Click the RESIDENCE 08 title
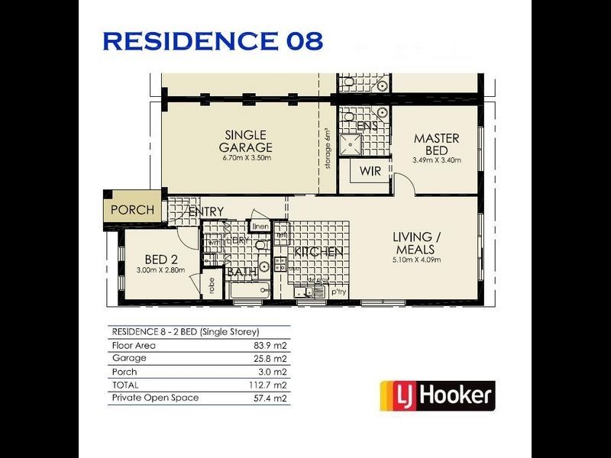coord(212,41)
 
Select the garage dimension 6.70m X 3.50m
coord(246,158)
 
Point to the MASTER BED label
coord(437,144)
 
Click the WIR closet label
coord(370,171)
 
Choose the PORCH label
coord(132,210)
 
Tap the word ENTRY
coord(206,211)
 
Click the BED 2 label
coord(161,260)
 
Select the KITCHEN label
coord(318,251)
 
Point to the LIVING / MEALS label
coord(415,244)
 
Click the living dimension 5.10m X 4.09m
coord(415,260)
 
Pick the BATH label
coord(241,272)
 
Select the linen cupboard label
coord(260,227)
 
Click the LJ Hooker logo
coord(438,395)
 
